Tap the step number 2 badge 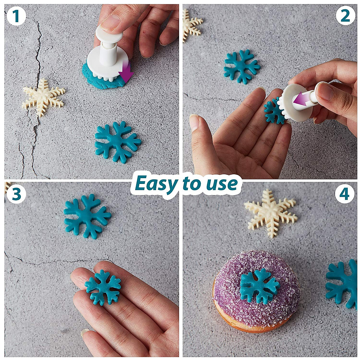345,16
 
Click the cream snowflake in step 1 43,97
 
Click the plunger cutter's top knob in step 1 109,34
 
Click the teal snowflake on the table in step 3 87,216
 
